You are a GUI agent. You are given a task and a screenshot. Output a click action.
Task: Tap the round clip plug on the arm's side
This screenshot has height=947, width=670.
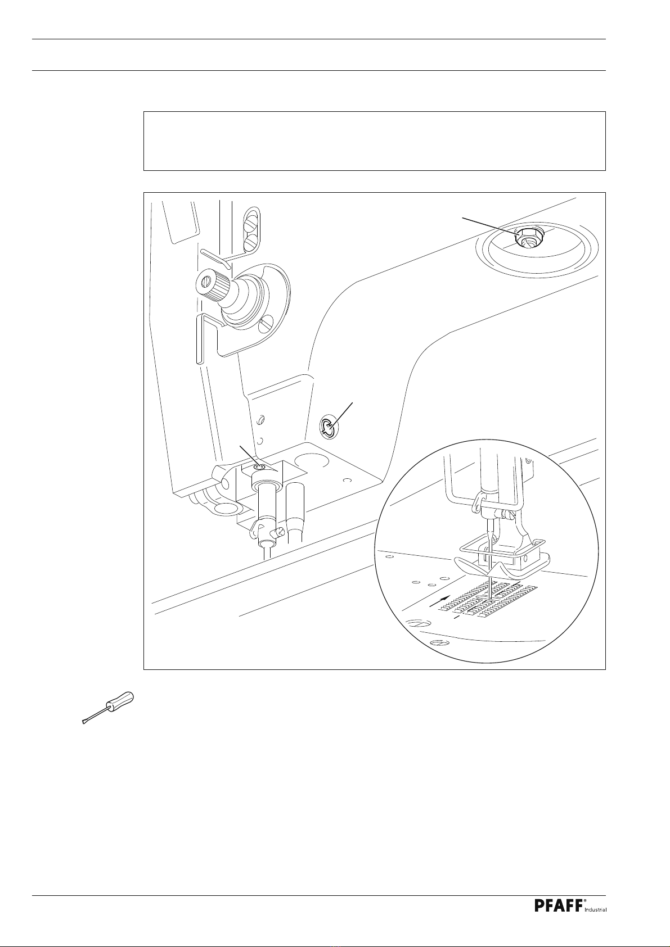click(329, 428)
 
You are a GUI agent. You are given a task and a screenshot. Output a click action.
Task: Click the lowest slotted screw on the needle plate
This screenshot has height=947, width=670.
click(439, 644)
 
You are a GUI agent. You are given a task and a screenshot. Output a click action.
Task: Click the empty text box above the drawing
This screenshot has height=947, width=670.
click(375, 141)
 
